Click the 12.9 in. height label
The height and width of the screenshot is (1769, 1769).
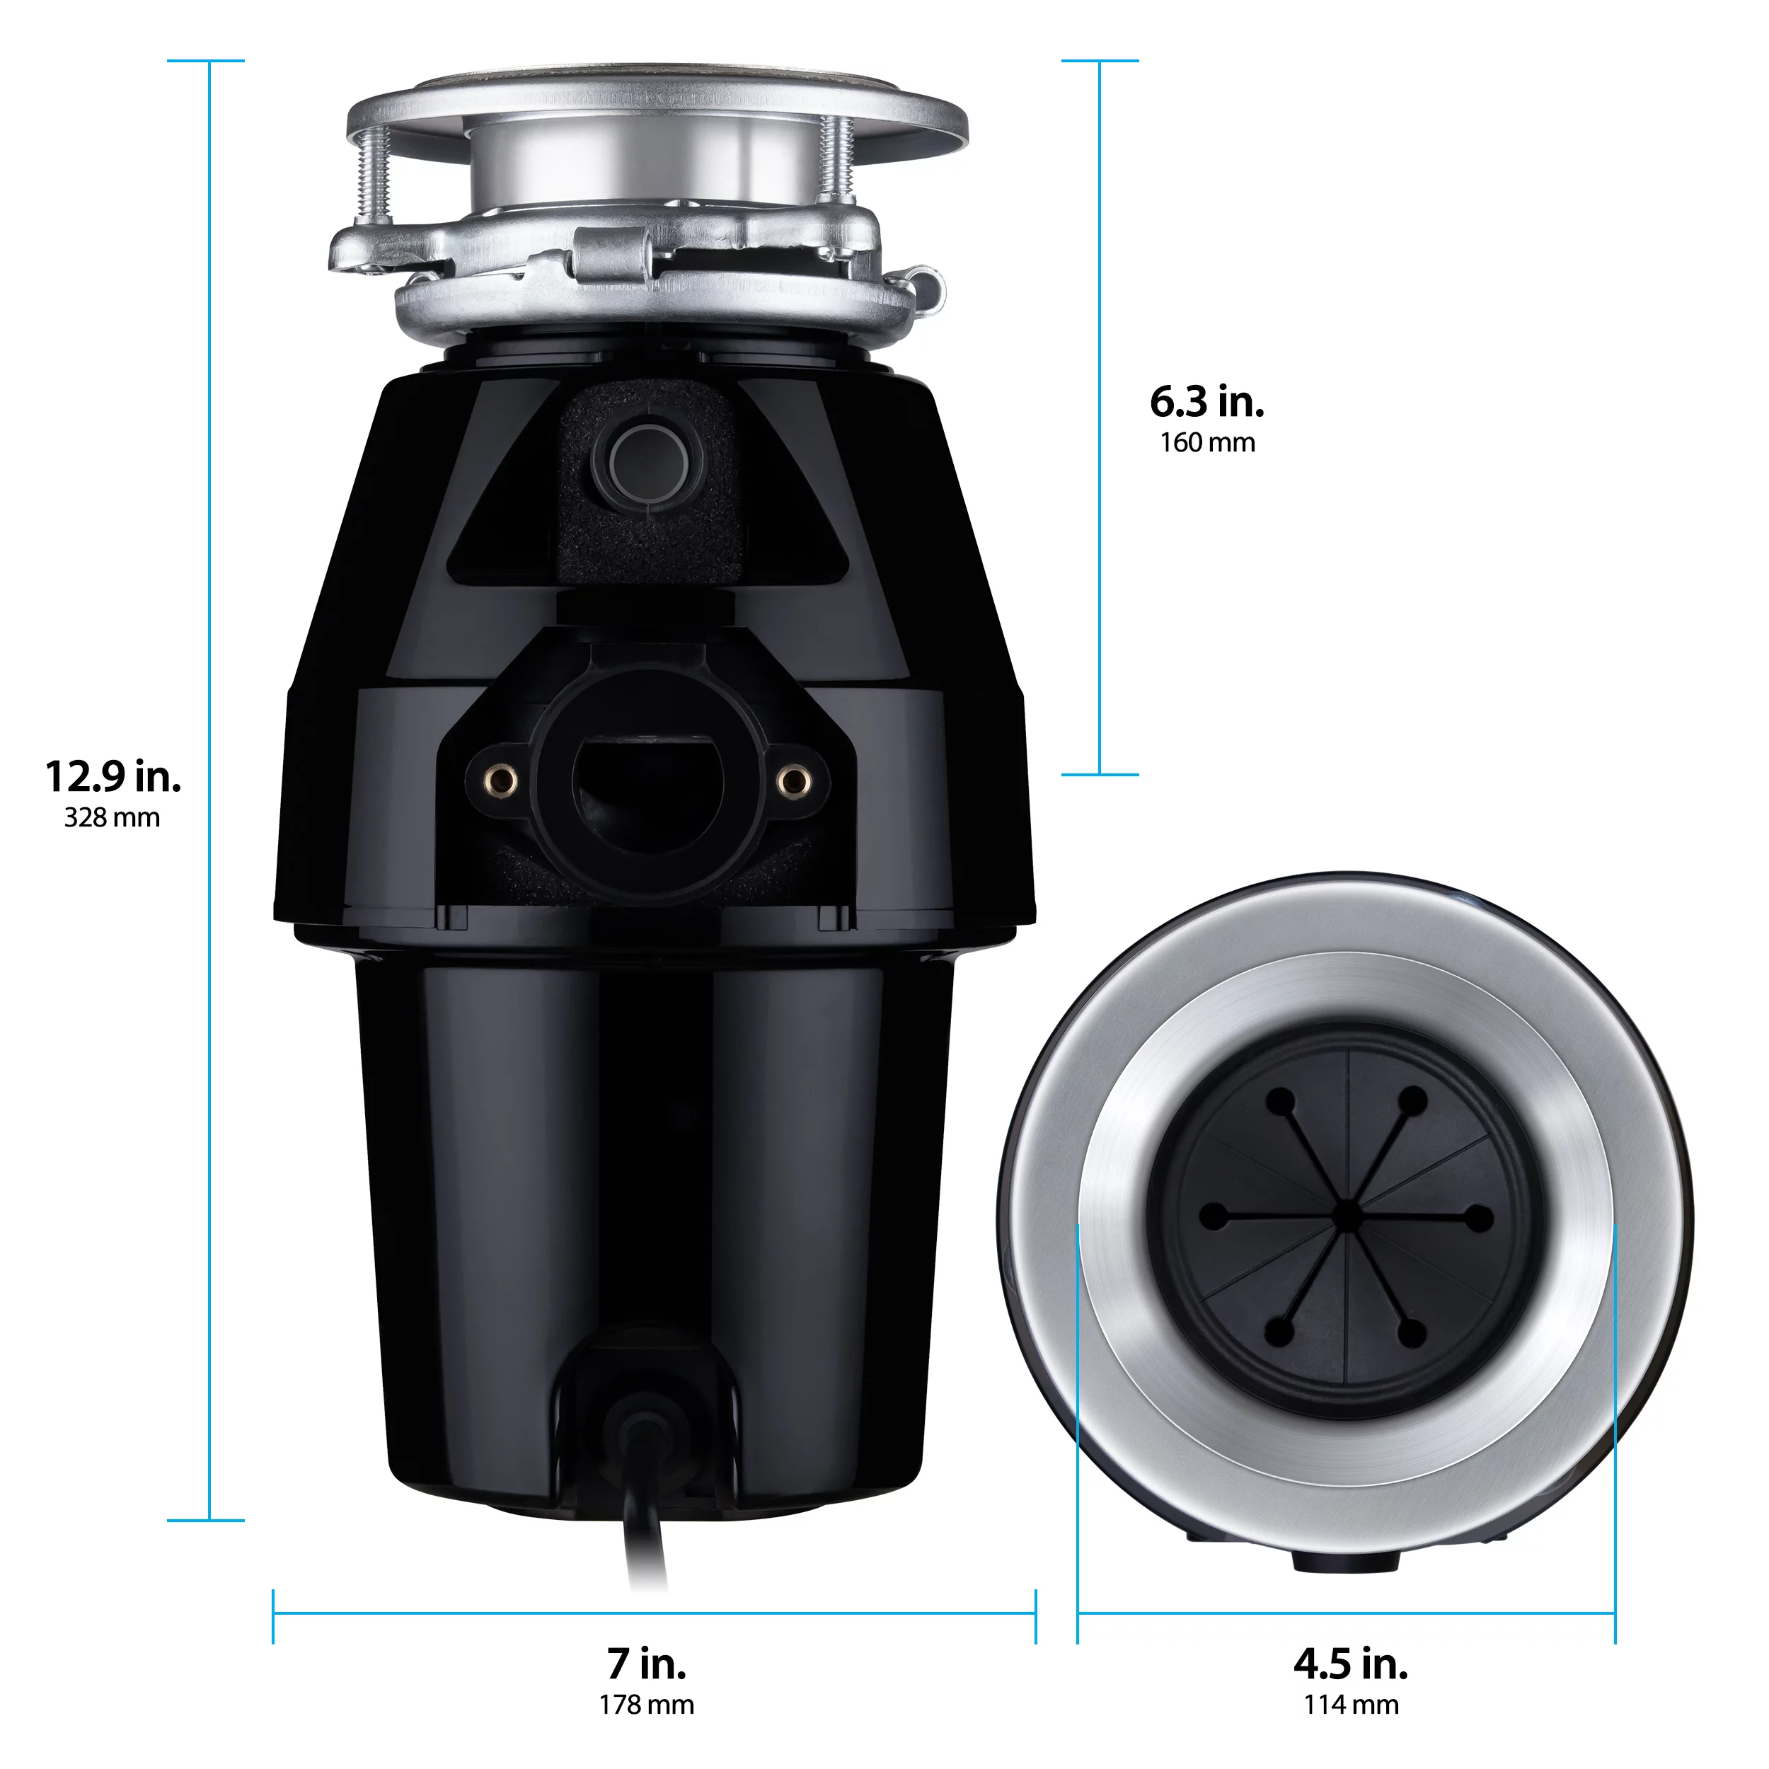click(x=113, y=778)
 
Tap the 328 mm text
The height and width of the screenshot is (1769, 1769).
click(x=112, y=818)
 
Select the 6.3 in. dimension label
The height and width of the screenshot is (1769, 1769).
click(x=1206, y=402)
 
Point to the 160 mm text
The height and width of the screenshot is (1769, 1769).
click(x=1206, y=443)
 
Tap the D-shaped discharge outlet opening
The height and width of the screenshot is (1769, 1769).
click(x=647, y=778)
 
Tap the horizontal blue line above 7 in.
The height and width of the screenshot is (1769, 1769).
click(x=654, y=1614)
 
